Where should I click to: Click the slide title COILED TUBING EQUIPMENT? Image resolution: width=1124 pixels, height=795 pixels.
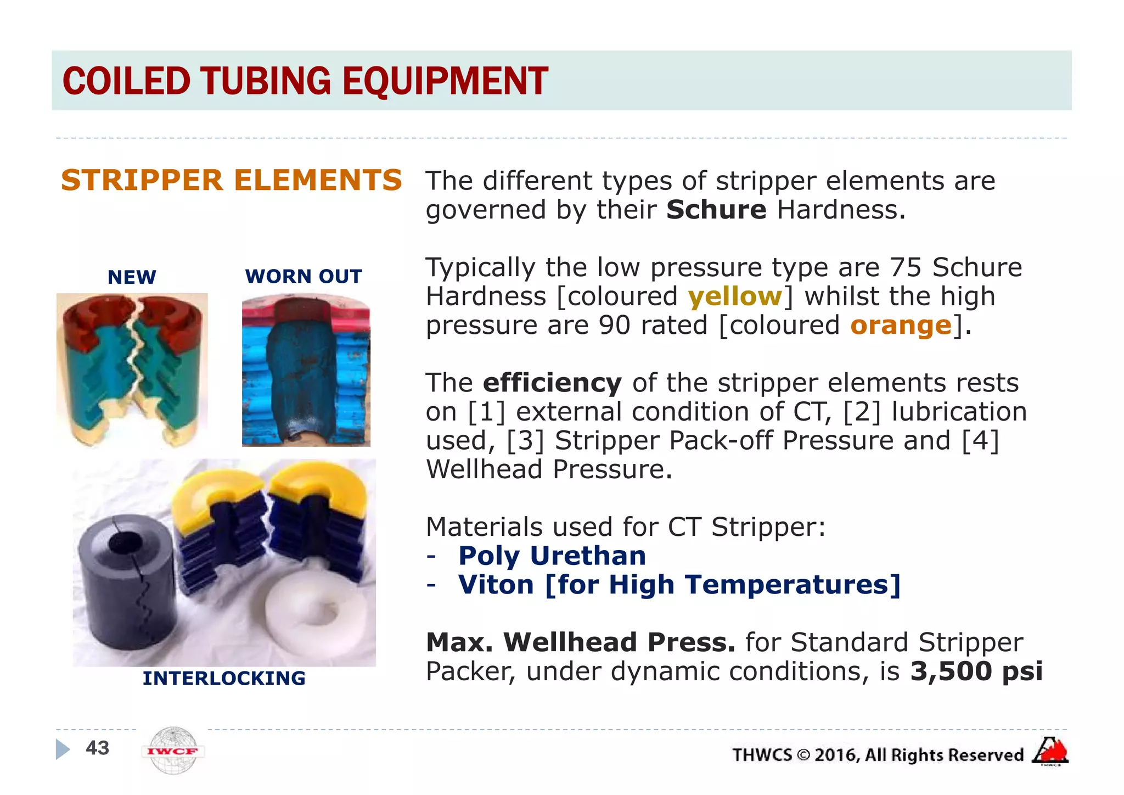tap(305, 81)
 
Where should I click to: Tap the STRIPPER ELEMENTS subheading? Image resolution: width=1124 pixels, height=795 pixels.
tap(232, 181)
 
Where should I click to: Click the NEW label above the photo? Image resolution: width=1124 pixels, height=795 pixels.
tap(132, 277)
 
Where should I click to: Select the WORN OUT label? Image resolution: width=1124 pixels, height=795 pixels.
tap(304, 276)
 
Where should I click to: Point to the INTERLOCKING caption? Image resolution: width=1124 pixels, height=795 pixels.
tap(224, 679)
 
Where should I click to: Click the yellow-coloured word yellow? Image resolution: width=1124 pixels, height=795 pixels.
tap(735, 296)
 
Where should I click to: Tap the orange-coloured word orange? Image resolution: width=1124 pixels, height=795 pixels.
tap(901, 325)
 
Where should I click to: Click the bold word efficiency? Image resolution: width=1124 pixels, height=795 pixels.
tap(552, 383)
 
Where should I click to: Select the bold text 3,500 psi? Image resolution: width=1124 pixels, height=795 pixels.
tap(976, 671)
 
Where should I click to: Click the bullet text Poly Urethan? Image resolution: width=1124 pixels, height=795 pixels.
tap(552, 556)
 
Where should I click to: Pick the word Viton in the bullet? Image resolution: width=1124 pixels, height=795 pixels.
tap(496, 585)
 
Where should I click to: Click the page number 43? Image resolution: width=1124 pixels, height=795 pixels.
tap(98, 748)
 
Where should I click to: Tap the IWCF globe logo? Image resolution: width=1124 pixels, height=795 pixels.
tap(173, 751)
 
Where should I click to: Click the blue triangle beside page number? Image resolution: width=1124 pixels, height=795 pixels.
tap(63, 749)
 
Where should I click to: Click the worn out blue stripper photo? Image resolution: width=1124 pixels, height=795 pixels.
tap(306, 371)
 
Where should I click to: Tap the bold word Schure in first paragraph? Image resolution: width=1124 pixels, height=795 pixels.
tap(716, 210)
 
